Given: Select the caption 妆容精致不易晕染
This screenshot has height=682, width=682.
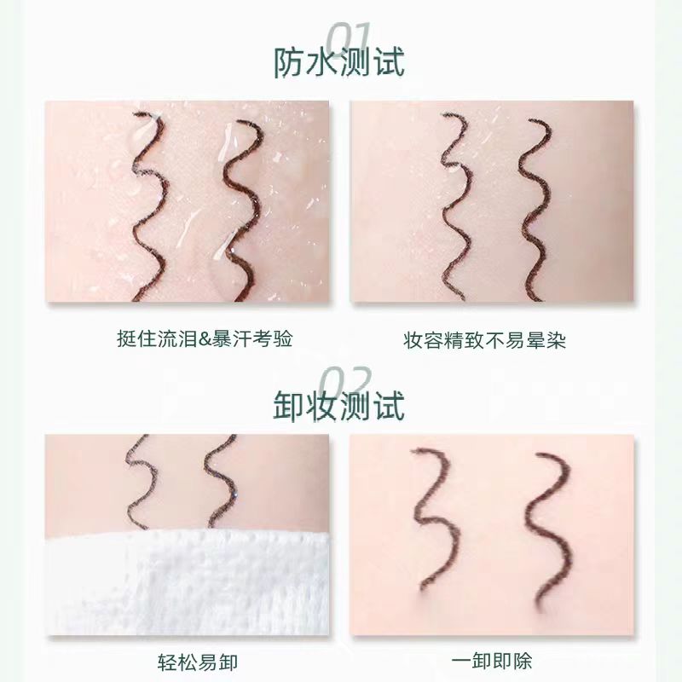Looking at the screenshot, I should (484, 339).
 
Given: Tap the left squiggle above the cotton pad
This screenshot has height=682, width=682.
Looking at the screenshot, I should (139, 482).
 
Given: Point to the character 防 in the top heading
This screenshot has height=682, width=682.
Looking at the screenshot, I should (289, 62).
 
